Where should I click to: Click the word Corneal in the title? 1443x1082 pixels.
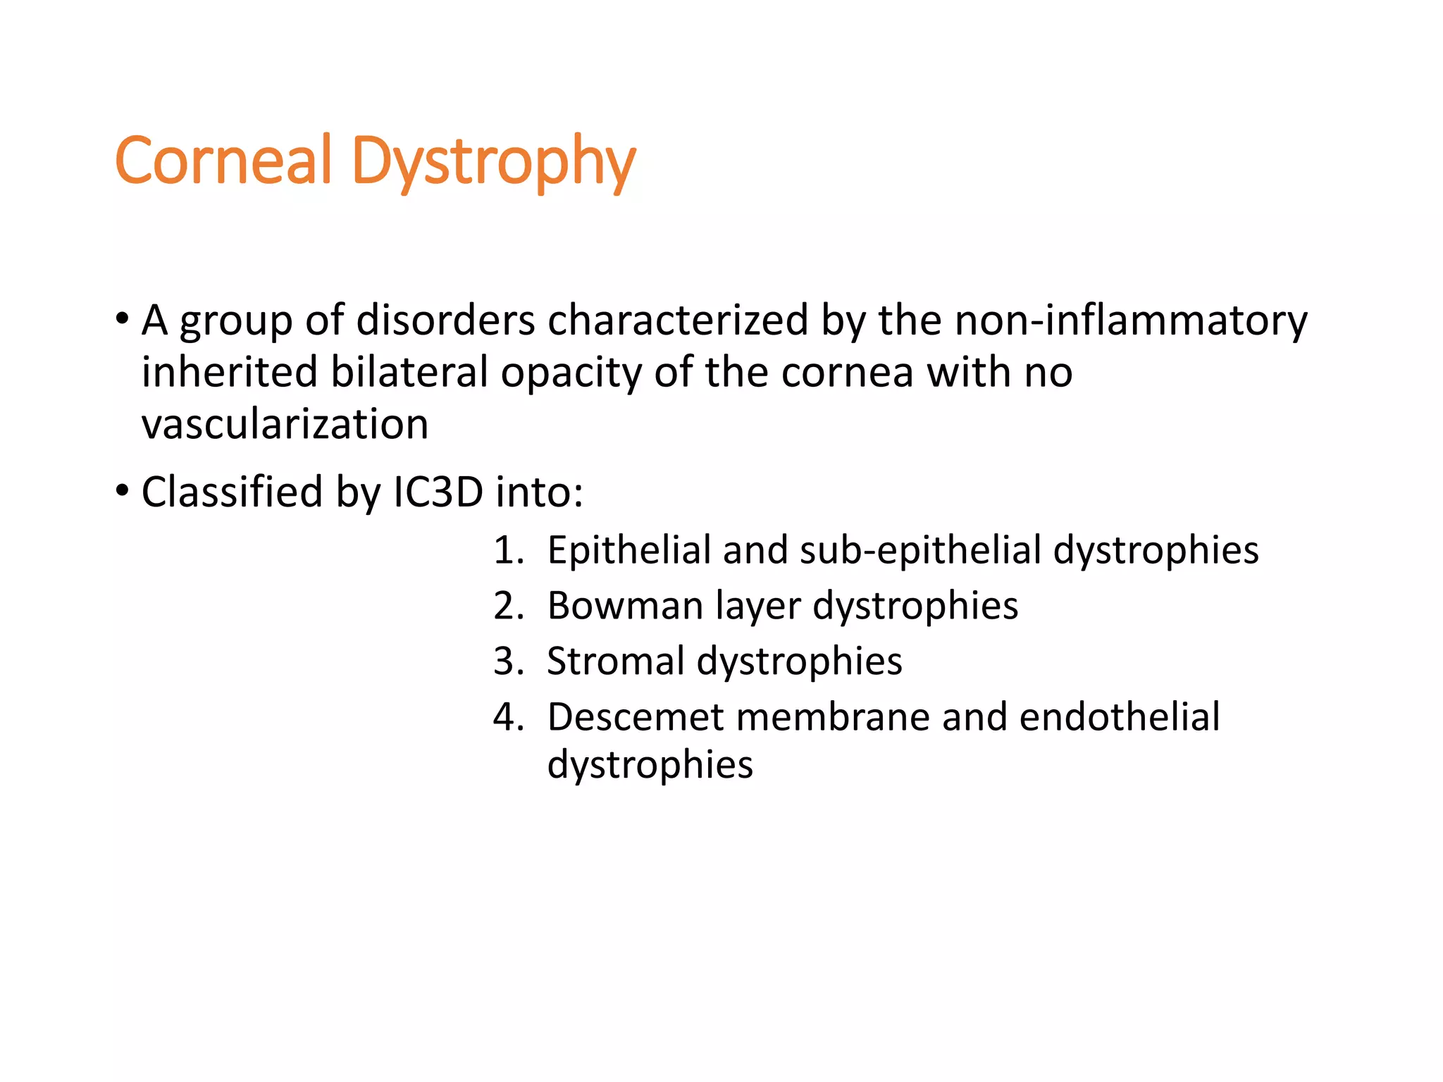click(223, 161)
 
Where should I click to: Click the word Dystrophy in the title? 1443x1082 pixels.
click(493, 163)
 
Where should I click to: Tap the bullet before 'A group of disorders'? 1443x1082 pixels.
click(123, 319)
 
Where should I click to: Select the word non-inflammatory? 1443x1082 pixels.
click(1130, 321)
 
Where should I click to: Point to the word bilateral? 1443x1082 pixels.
click(409, 372)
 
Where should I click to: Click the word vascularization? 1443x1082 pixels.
click(285, 425)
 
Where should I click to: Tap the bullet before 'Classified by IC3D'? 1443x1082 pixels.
click(123, 490)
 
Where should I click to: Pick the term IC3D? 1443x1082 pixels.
click(438, 492)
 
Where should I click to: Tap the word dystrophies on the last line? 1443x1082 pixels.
click(650, 766)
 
